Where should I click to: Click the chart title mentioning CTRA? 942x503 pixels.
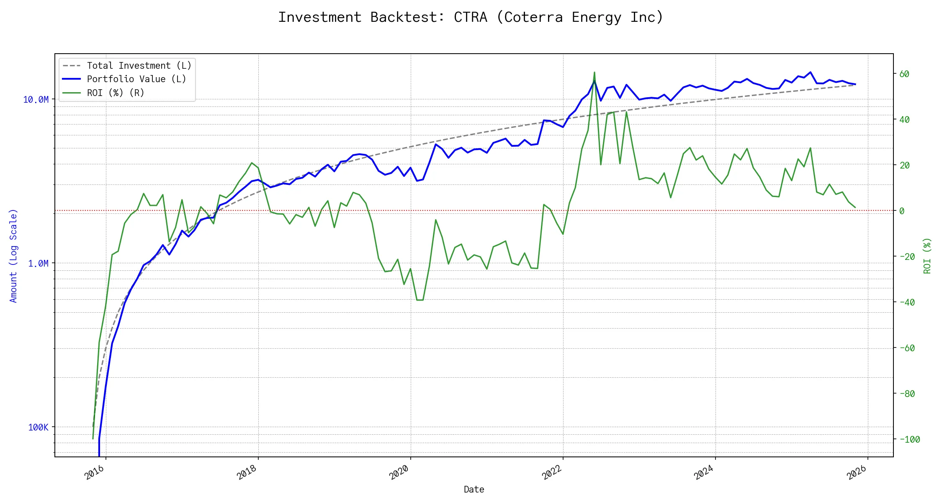471,18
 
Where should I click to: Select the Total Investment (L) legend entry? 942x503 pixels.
139,66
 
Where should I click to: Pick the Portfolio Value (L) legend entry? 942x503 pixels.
136,79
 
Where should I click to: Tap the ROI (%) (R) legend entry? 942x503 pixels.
115,93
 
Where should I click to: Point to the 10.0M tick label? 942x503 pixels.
36,100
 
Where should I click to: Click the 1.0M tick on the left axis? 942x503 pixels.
38,264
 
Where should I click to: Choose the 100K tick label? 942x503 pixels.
38,428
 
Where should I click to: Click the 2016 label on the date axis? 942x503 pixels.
95,473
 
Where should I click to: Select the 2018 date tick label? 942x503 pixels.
247,473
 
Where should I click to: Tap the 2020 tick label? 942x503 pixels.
399,473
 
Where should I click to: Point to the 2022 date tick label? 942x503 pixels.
552,473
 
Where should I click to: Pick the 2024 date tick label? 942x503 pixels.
704,473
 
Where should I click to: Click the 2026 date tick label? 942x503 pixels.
857,473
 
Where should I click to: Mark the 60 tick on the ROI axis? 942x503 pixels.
904,74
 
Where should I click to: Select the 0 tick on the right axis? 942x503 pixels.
902,211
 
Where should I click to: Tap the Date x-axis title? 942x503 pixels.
474,490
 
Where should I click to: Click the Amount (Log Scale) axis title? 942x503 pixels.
13,256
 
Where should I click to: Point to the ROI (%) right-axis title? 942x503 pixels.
927,256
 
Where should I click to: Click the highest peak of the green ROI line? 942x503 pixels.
594,73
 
